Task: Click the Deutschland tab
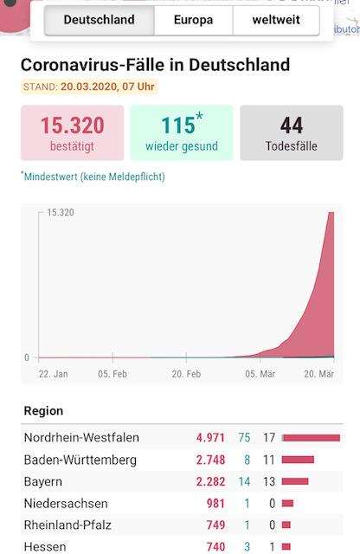coord(100,20)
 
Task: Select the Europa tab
coord(194,20)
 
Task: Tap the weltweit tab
coord(276,20)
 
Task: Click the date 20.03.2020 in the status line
coord(88,87)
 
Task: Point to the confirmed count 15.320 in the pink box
coord(73,126)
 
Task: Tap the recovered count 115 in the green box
coord(178,125)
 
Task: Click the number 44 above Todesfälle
coord(292,126)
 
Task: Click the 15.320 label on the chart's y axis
coord(61,212)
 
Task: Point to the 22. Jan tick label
coord(54,374)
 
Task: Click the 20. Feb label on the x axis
coord(186,374)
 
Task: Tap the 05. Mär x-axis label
coord(260,374)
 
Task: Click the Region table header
coord(43,411)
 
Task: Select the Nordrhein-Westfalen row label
coord(81,438)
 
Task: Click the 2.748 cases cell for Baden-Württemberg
coord(210,460)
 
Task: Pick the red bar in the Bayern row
coord(295,481)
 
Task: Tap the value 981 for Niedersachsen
coord(215,503)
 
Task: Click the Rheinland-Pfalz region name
coord(67,525)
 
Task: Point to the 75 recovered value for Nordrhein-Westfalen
coord(244,438)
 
